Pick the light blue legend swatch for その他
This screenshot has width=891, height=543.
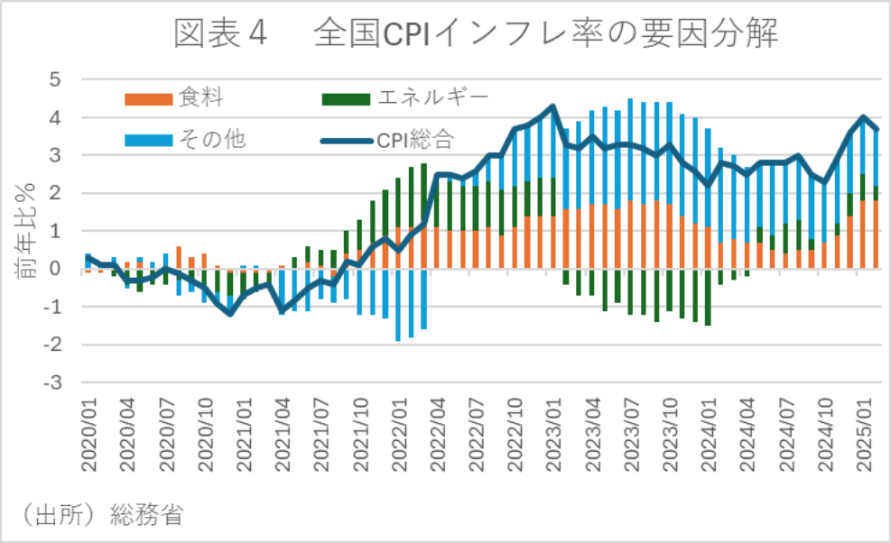click(147, 139)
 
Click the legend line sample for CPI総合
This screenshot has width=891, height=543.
click(347, 139)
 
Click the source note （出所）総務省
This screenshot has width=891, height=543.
click(101, 516)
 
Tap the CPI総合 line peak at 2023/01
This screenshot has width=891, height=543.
click(552, 107)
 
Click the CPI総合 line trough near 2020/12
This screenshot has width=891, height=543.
click(230, 313)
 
